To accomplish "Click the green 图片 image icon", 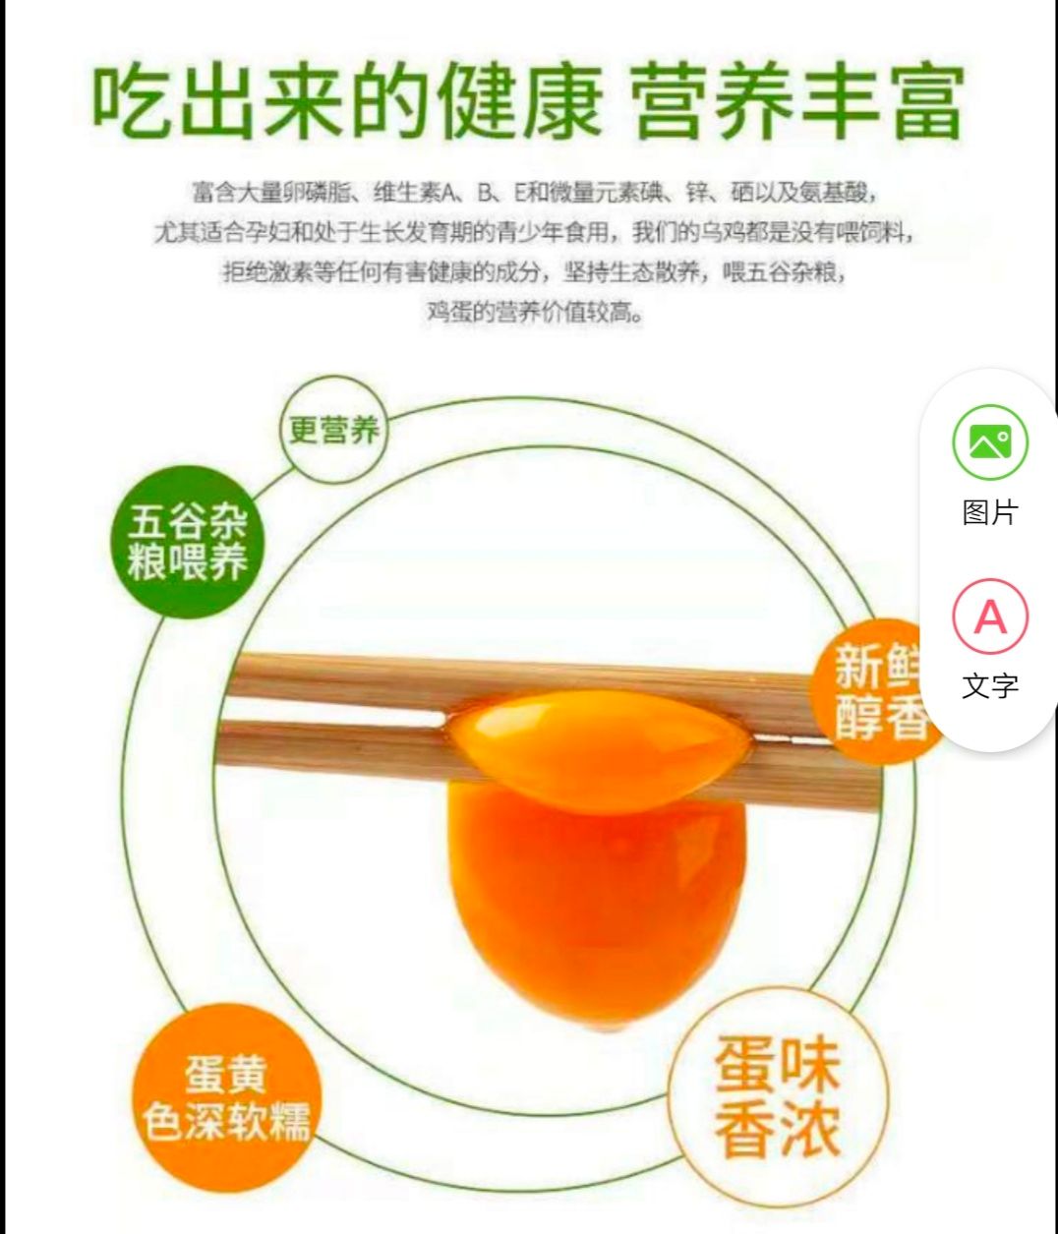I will tap(989, 442).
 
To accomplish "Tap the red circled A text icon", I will tap(989, 617).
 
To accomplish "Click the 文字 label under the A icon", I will tap(989, 685).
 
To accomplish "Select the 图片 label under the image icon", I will tap(989, 511).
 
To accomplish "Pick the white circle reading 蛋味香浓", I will tap(778, 1096).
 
